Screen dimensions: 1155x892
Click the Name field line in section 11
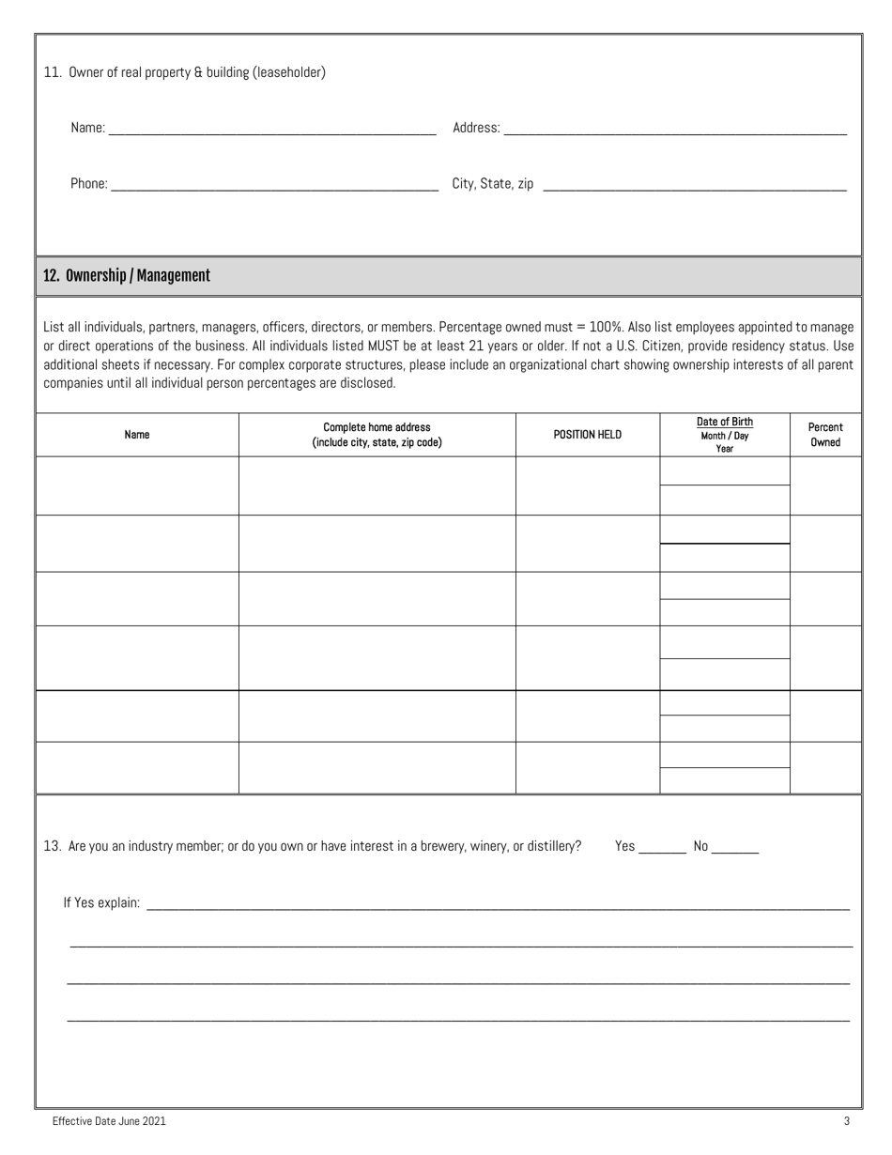tap(272, 129)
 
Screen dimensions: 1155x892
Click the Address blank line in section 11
tap(674, 129)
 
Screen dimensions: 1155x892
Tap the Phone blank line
tap(274, 185)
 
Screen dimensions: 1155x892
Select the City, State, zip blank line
tap(694, 185)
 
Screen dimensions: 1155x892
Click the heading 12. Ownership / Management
tap(127, 276)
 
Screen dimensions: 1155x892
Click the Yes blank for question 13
tap(662, 847)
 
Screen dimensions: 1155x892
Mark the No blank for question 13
tap(735, 847)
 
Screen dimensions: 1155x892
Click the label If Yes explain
tap(101, 903)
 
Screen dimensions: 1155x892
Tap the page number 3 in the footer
tap(846, 1120)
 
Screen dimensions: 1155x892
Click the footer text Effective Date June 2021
tap(110, 1120)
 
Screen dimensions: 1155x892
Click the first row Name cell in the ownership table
tap(137, 485)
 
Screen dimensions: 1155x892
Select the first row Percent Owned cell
tap(825, 485)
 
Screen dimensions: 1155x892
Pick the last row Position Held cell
tap(588, 768)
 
